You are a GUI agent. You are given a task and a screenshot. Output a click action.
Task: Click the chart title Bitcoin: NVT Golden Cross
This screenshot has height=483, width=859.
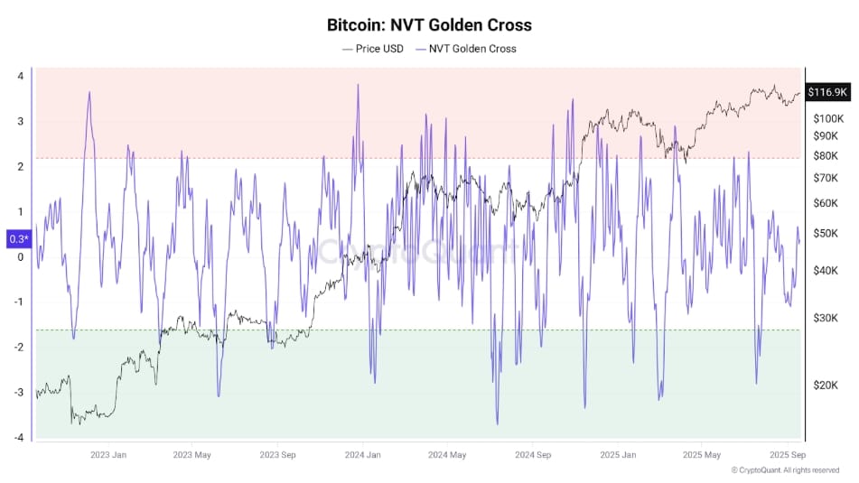(429, 24)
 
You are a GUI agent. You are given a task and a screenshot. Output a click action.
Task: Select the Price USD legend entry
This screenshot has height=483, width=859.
(372, 49)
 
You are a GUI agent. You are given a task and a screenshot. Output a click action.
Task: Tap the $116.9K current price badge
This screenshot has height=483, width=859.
(827, 92)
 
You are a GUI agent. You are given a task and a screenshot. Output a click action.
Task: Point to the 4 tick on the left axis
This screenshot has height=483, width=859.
(20, 76)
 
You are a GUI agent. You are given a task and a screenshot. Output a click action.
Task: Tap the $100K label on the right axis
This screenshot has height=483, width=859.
(827, 119)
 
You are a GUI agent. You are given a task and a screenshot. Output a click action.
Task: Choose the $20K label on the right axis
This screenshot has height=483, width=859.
(825, 385)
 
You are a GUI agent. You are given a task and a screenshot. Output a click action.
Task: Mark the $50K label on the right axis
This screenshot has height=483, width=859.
(825, 234)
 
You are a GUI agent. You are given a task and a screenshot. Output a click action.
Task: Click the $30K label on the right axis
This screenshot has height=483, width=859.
(825, 318)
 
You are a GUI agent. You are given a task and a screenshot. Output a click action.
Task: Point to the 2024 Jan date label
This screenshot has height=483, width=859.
(361, 455)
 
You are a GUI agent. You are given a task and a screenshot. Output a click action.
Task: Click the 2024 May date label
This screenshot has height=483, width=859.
(447, 455)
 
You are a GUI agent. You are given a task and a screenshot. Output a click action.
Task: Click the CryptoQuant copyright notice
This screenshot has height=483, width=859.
(786, 470)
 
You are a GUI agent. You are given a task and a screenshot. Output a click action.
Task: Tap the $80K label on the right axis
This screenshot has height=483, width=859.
(825, 156)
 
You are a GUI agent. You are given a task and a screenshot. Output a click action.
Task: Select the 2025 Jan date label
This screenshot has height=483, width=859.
(618, 455)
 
